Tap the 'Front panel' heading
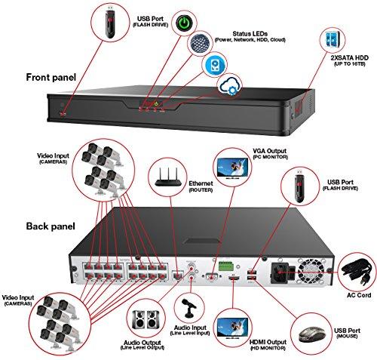[x=52, y=77]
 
